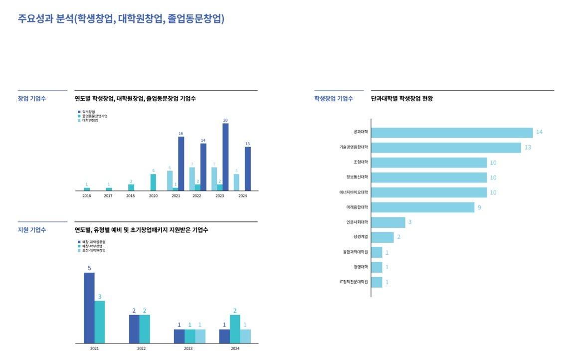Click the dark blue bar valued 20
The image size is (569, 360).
click(x=225, y=157)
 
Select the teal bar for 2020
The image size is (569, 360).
click(x=153, y=182)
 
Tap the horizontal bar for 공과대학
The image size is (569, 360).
click(x=452, y=133)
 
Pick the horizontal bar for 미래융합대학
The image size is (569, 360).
click(x=423, y=207)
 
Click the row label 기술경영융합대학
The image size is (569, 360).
click(x=353, y=148)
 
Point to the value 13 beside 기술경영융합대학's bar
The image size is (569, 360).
click(x=528, y=148)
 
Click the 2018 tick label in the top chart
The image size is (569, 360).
click(x=130, y=196)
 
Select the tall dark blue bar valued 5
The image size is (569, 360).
click(x=89, y=308)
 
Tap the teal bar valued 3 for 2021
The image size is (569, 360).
click(x=100, y=322)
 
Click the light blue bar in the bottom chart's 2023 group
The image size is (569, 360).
click(x=200, y=336)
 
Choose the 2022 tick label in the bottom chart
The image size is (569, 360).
click(x=141, y=348)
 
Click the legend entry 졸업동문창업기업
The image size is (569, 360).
click(x=95, y=116)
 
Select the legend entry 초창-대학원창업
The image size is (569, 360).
click(x=94, y=250)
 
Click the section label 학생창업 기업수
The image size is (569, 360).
click(x=334, y=99)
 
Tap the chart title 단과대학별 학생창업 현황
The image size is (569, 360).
click(x=402, y=99)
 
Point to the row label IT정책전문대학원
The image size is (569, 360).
click(x=354, y=282)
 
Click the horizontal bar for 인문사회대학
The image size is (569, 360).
click(x=388, y=222)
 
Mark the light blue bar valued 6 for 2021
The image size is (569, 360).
click(x=170, y=180)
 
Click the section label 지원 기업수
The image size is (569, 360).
click(x=32, y=230)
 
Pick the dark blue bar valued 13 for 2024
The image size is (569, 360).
click(x=247, y=169)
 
